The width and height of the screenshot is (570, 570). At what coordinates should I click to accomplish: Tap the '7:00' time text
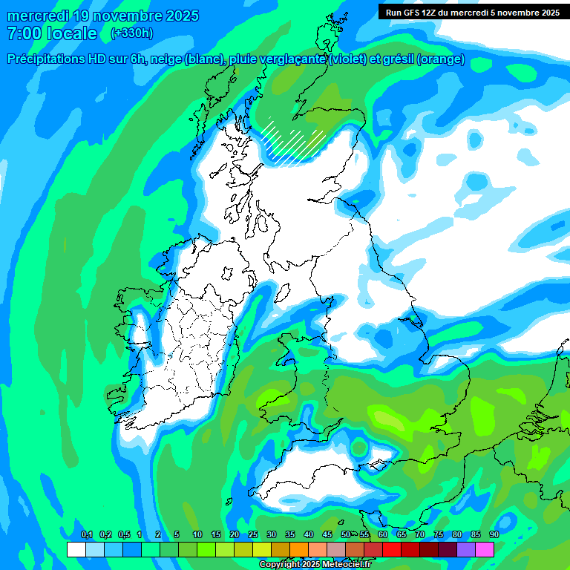(x=24, y=33)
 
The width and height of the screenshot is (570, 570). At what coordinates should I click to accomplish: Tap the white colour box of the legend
(x=76, y=549)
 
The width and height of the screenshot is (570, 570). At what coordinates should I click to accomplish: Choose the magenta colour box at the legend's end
(x=485, y=549)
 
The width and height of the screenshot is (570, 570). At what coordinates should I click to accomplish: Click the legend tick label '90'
(x=494, y=535)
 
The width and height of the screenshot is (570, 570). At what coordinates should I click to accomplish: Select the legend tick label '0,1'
(x=86, y=535)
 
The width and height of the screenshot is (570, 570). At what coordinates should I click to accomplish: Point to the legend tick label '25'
(x=253, y=535)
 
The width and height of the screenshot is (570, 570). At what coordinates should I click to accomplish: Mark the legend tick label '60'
(x=383, y=535)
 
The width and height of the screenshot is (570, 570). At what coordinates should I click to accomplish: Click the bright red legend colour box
(x=392, y=549)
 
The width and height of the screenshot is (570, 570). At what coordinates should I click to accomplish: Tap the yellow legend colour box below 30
(x=262, y=549)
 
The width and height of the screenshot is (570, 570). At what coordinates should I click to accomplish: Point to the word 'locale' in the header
(x=71, y=33)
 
